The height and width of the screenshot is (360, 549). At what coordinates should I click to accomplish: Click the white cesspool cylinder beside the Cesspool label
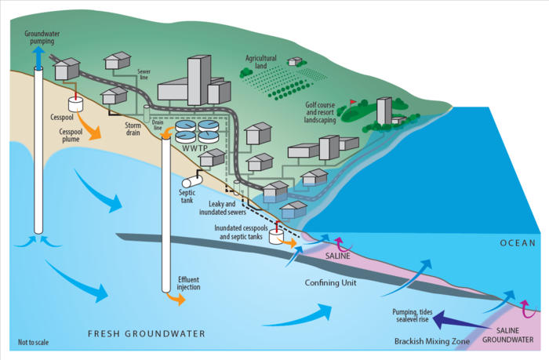click(x=76, y=104)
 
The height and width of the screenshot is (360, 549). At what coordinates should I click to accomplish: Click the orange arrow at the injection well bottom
click(x=173, y=299)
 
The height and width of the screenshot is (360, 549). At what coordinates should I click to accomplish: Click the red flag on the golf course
click(x=354, y=101)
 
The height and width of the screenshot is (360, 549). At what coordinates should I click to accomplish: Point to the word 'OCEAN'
click(x=518, y=243)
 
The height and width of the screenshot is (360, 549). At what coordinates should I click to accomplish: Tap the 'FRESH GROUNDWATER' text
click(x=144, y=333)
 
